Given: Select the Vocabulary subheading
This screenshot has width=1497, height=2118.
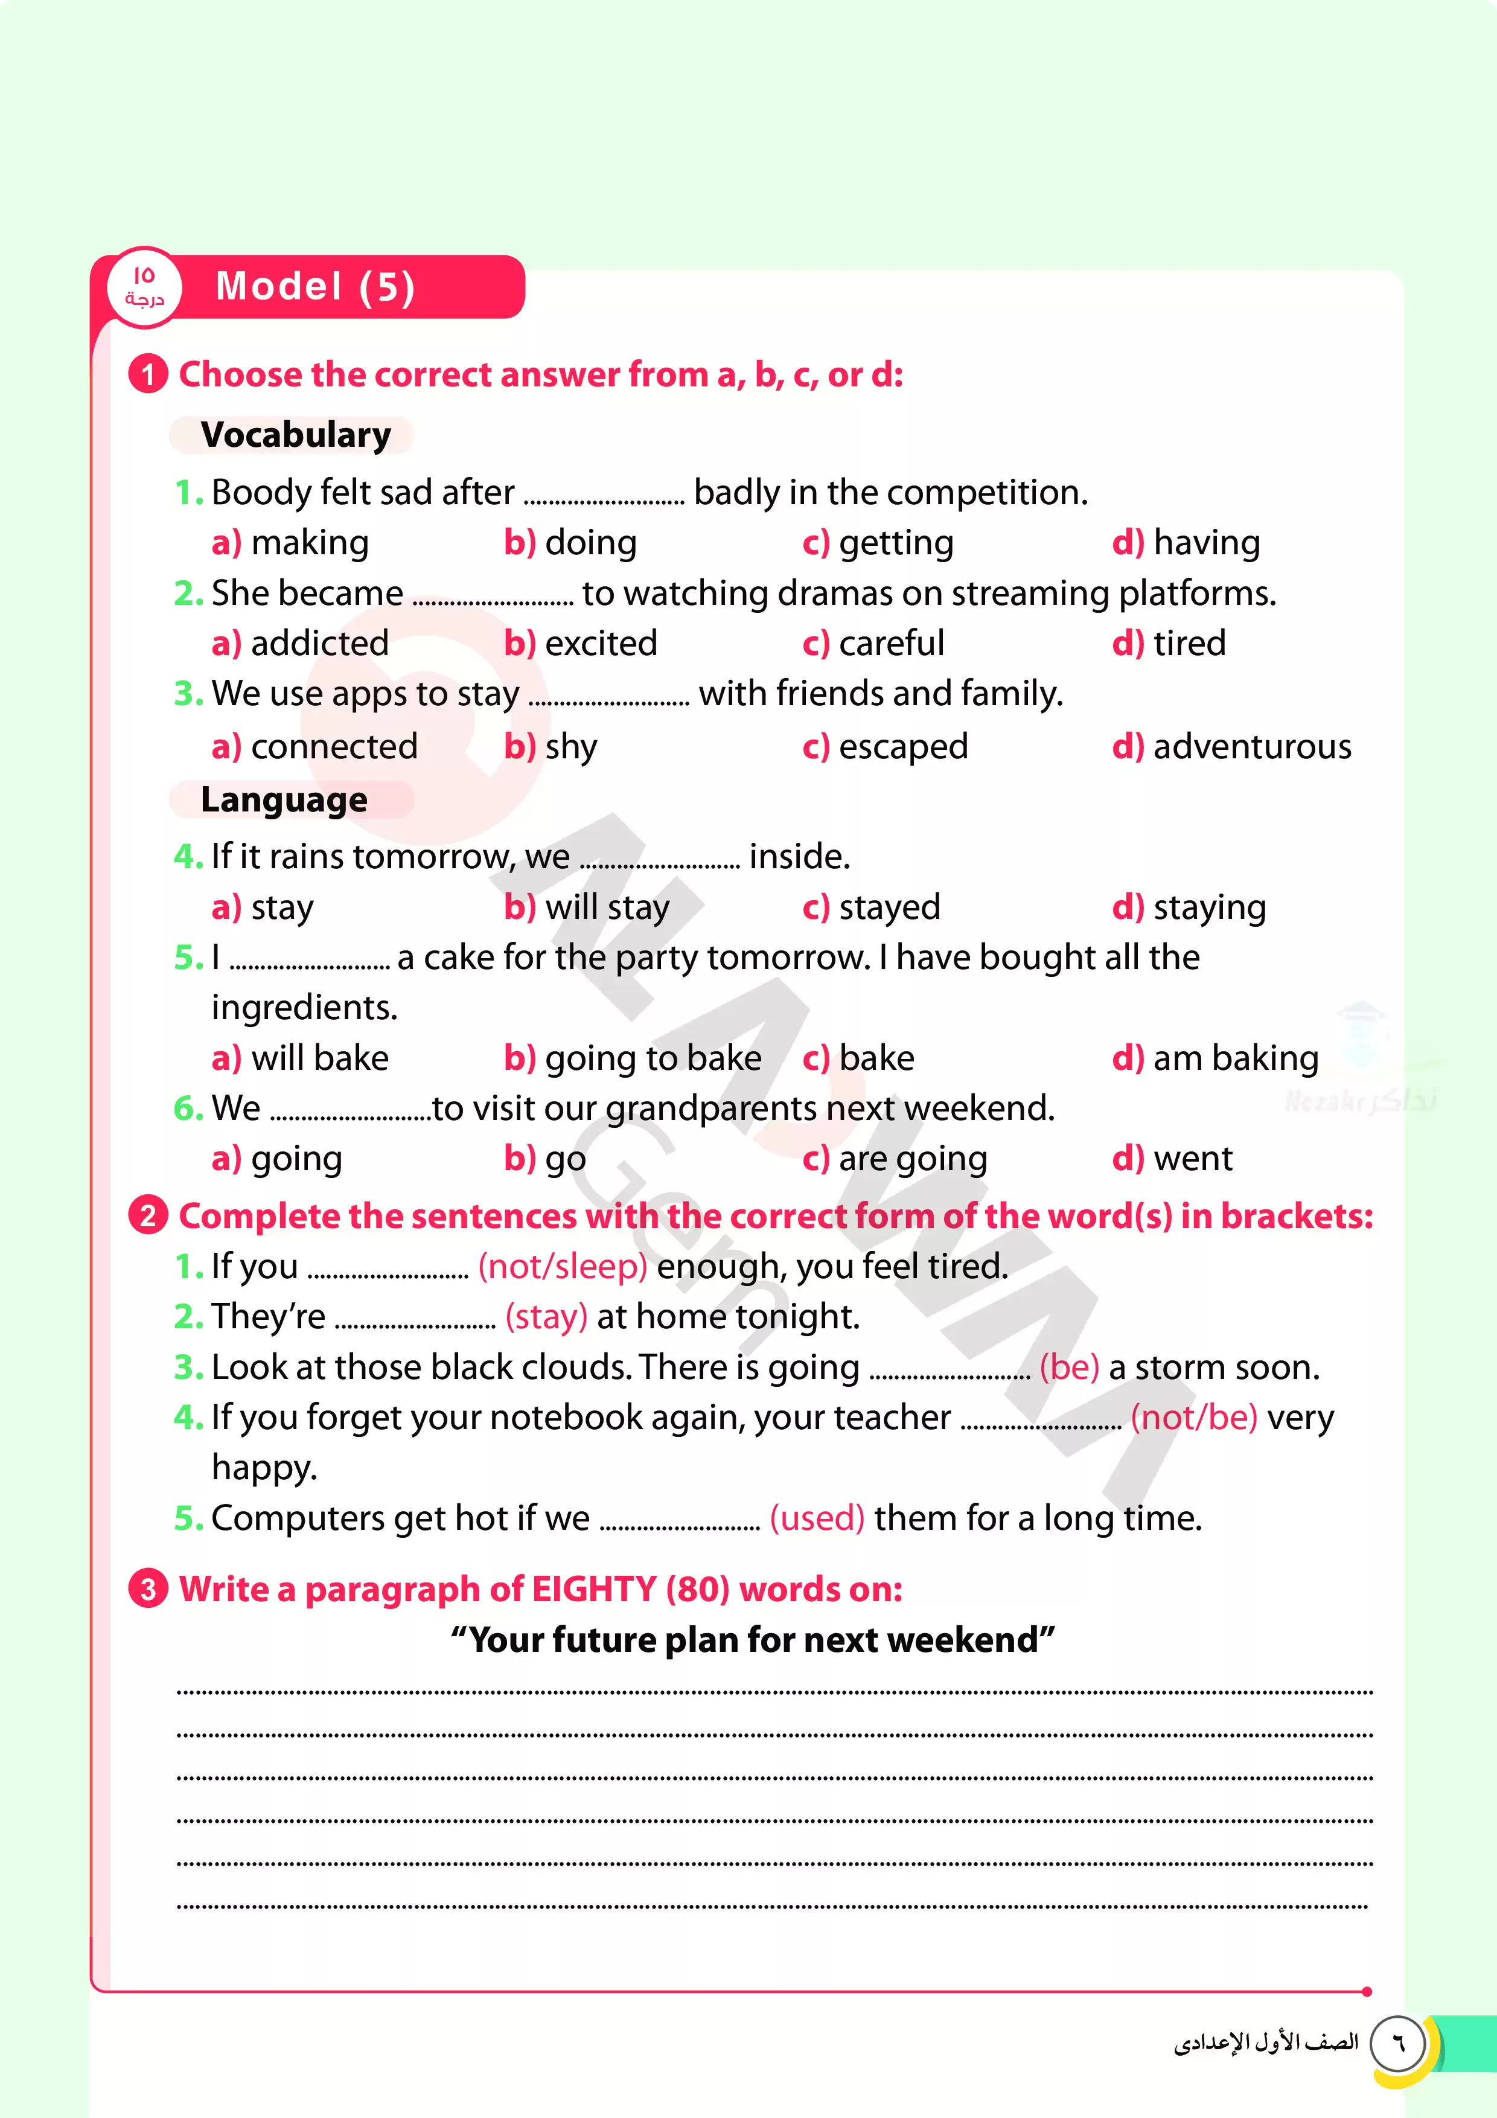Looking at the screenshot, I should click(x=295, y=435).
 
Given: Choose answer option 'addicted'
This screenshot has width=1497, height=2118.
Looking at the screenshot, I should click(x=319, y=643).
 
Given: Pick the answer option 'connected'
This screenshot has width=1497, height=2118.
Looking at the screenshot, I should click(x=333, y=746).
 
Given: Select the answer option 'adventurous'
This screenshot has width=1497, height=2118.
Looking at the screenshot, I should click(x=1252, y=746).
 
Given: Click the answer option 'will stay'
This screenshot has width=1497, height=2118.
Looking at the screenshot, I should click(x=607, y=907).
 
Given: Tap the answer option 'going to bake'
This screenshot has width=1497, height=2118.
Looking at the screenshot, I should click(x=653, y=1058).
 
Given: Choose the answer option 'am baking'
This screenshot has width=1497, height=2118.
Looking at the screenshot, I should click(x=1235, y=1058).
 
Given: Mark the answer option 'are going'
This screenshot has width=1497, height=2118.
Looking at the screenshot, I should click(x=912, y=1159).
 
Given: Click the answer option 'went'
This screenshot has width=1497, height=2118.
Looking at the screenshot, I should click(x=1193, y=1159).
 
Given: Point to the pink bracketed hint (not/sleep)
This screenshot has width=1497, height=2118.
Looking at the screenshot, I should click(x=563, y=1267).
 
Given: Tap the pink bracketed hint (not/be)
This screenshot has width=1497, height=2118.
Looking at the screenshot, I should click(x=1193, y=1417).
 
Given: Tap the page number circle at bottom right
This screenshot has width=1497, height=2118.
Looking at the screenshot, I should click(x=1397, y=2043).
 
